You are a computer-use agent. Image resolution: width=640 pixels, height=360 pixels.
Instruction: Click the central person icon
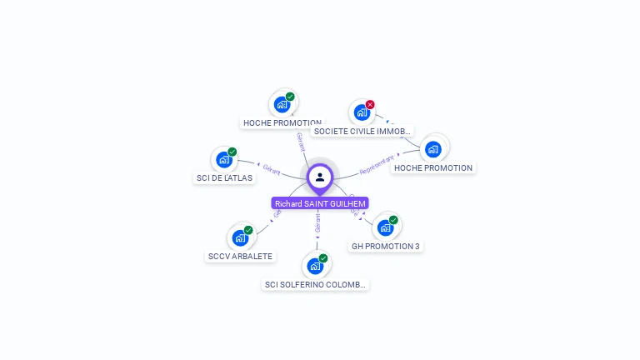320,177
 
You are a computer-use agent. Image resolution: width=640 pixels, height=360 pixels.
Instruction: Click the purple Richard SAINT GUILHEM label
320,203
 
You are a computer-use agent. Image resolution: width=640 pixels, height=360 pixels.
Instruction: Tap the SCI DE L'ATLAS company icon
223,159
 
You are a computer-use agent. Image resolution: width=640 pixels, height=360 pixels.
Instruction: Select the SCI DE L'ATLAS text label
224,177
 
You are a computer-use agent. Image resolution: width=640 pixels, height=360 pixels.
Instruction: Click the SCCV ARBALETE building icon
240,237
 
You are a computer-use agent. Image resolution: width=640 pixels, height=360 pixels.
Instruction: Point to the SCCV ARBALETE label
240,256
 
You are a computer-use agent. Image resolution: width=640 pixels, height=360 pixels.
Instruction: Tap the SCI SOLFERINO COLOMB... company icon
314,266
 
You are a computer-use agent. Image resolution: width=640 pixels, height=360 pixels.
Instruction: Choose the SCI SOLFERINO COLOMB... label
315,284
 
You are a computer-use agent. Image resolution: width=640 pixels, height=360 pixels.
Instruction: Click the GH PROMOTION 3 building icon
385,227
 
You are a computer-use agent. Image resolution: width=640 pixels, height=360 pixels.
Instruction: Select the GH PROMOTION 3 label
386,246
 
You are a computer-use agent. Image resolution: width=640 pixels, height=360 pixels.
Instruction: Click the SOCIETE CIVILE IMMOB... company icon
362,112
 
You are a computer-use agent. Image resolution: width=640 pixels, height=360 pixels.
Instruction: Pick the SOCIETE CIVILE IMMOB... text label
362,131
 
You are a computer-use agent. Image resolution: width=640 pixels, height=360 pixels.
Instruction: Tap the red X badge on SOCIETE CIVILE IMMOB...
370,105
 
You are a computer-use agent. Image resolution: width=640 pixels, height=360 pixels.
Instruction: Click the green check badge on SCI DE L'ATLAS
232,152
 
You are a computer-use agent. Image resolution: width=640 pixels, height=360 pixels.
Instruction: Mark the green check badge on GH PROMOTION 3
393,220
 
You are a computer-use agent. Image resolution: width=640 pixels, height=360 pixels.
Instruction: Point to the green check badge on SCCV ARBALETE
248,230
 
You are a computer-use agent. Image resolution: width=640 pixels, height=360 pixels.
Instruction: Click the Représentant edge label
377,166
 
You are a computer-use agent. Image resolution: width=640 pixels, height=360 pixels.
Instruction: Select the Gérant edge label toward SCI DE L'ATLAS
271,169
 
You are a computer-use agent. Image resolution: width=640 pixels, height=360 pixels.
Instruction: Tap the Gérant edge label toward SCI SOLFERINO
317,222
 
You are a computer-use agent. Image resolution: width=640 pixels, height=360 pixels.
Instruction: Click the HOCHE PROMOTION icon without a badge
432,149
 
